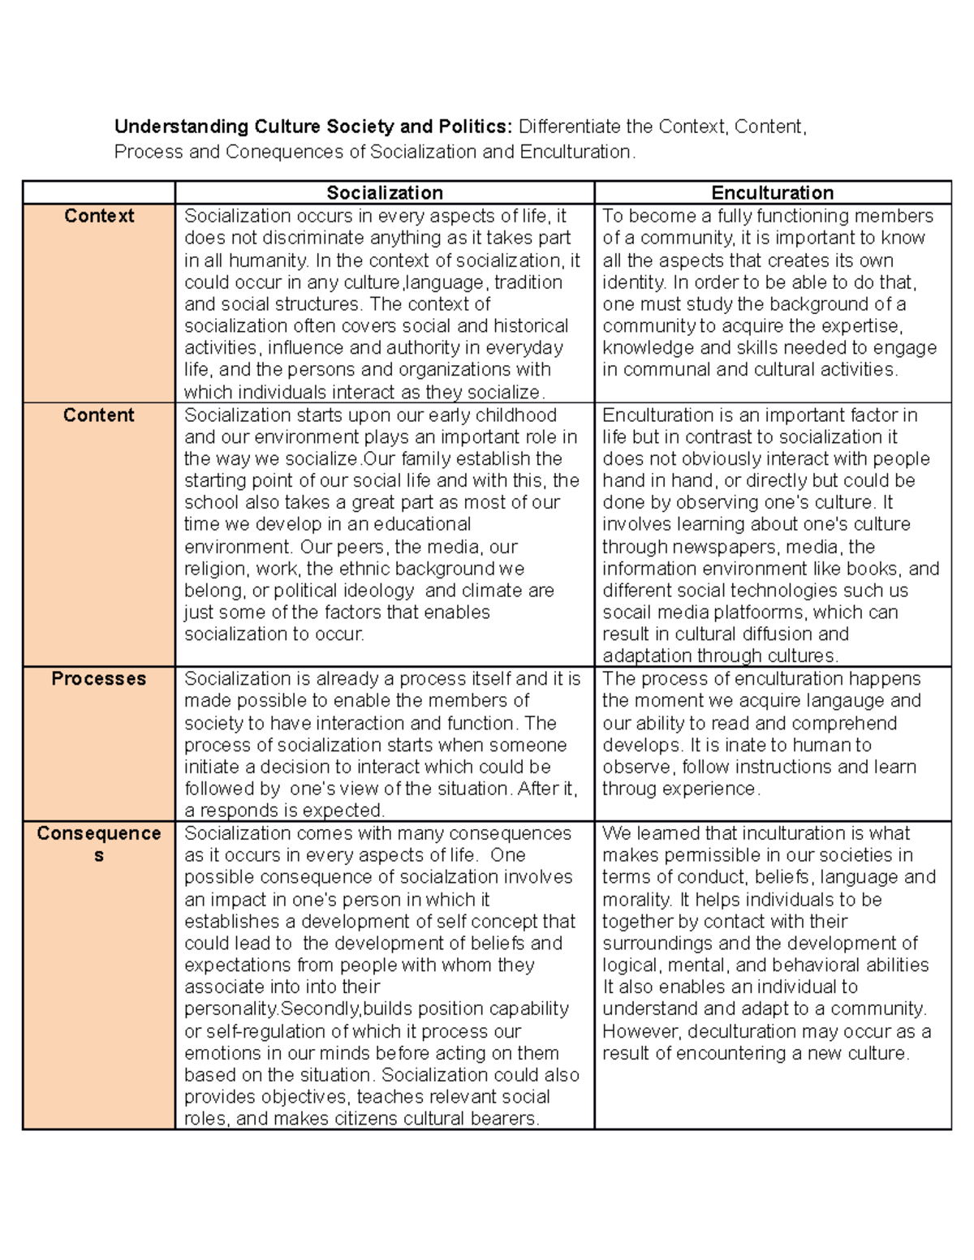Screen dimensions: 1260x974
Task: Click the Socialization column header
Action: pyautogui.click(x=385, y=192)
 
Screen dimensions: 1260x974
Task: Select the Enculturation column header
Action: pyautogui.click(x=772, y=192)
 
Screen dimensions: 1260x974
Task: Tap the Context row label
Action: pyautogui.click(x=99, y=216)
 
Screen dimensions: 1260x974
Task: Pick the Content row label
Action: pyautogui.click(x=99, y=415)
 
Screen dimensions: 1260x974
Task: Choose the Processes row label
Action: pyautogui.click(x=99, y=678)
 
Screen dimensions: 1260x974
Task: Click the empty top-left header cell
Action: pyautogui.click(x=99, y=192)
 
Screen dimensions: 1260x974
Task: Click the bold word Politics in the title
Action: pyautogui.click(x=475, y=127)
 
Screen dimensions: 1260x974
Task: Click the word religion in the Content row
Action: pyautogui.click(x=217, y=569)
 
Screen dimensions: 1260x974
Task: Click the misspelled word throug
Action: pyautogui.click(x=629, y=789)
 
